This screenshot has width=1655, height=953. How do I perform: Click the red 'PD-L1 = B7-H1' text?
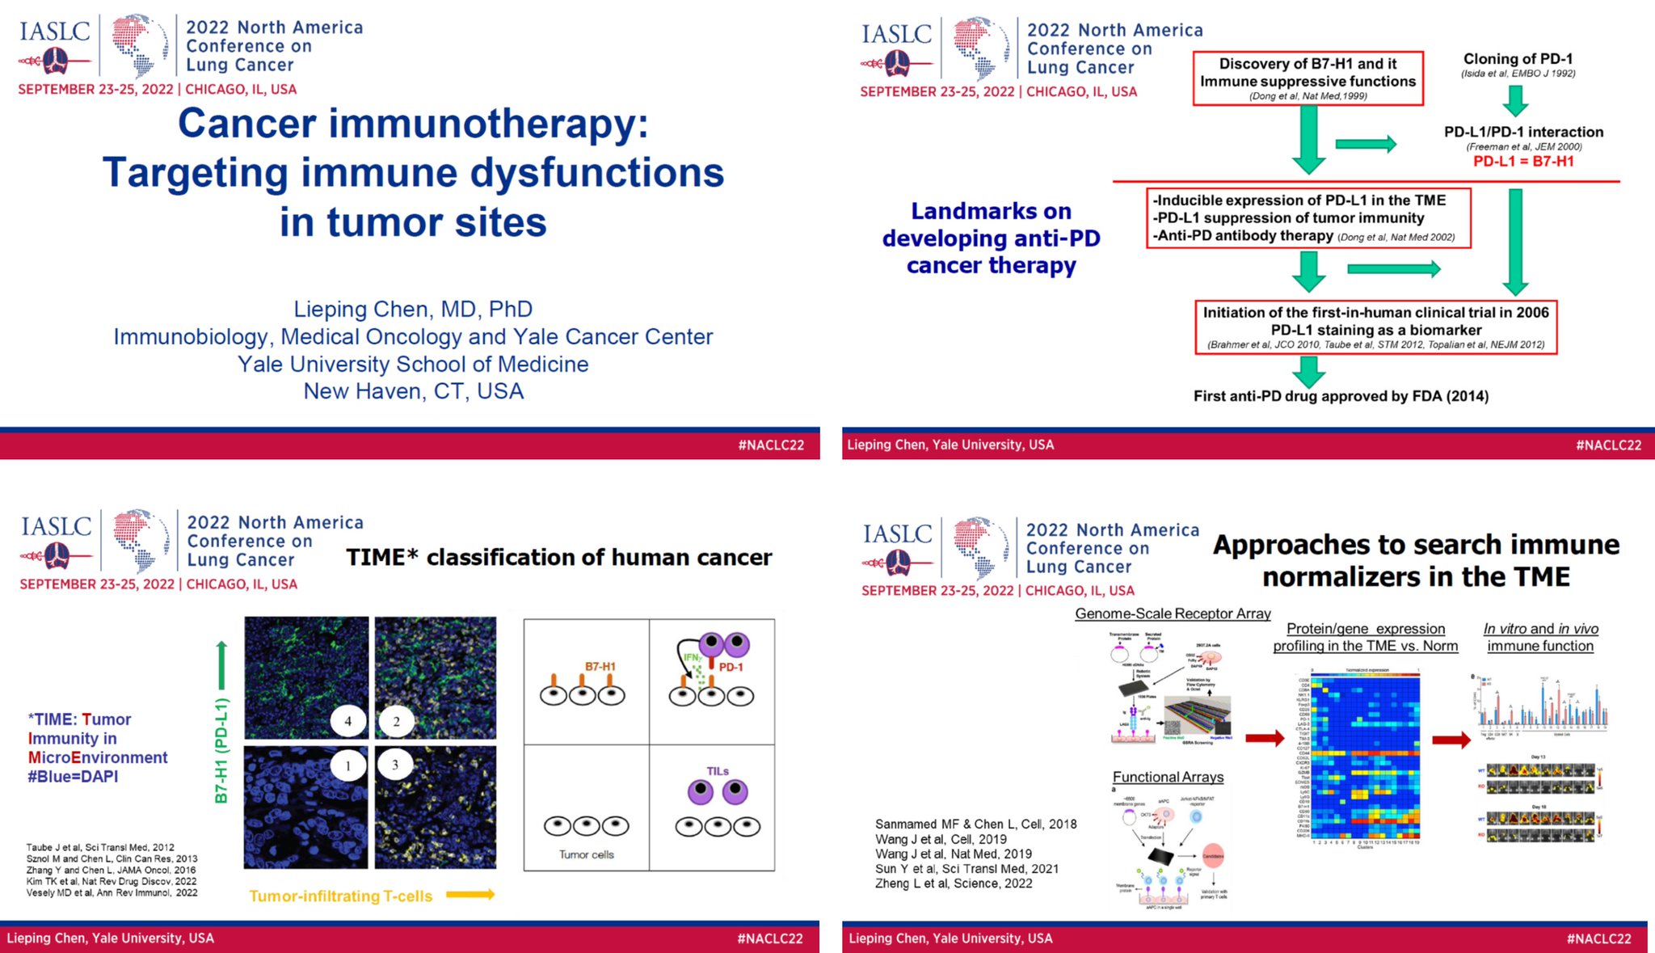click(1523, 162)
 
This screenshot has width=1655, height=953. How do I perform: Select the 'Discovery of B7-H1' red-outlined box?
click(1308, 78)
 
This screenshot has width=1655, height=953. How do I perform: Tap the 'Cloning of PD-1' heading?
click(1518, 59)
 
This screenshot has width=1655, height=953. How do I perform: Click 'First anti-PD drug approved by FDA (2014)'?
click(1341, 396)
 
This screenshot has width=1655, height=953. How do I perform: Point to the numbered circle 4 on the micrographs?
click(348, 721)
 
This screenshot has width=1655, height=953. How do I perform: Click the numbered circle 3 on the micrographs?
click(395, 764)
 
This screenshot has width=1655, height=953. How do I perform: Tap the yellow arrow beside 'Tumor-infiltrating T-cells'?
click(470, 894)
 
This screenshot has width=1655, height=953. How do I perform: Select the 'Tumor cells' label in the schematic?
click(587, 854)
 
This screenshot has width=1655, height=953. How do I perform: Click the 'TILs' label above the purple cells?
click(718, 771)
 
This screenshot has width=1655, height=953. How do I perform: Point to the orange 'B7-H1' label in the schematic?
click(600, 666)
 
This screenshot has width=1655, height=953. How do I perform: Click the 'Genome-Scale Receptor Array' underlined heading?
click(1173, 614)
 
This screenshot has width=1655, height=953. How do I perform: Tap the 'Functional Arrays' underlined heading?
click(1168, 777)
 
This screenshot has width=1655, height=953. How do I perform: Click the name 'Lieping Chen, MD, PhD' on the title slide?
click(413, 310)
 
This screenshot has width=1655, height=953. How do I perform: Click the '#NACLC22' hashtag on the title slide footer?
click(771, 445)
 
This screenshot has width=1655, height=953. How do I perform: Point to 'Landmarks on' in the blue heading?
click(991, 211)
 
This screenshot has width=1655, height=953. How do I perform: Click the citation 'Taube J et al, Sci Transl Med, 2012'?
click(100, 847)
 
